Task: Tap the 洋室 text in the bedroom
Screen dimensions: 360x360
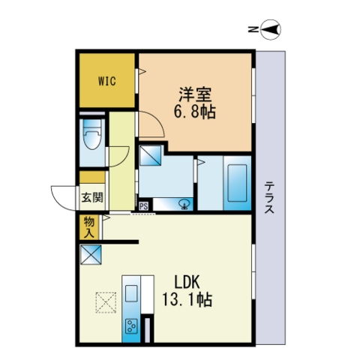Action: (x=195, y=95)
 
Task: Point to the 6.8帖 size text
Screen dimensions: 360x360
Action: (x=195, y=112)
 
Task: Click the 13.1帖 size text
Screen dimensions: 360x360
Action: (x=187, y=300)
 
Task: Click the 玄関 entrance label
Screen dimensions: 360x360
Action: (x=92, y=199)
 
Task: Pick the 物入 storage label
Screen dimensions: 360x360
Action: (x=89, y=226)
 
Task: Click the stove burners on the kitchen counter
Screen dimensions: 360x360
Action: (x=132, y=327)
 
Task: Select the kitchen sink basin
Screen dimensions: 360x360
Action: (x=132, y=290)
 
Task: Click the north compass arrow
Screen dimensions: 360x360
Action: (x=271, y=30)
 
